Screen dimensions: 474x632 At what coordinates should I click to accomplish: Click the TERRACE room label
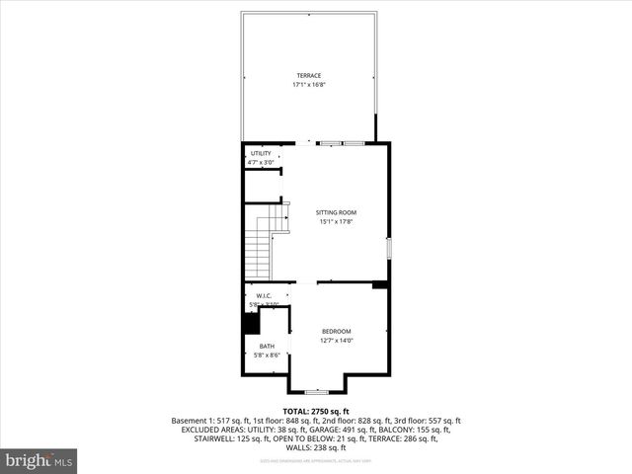(309, 75)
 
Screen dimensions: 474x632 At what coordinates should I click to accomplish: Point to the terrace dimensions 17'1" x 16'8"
(309, 85)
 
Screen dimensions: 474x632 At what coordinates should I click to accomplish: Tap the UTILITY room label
(261, 154)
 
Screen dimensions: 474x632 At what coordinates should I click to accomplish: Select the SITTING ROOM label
(336, 212)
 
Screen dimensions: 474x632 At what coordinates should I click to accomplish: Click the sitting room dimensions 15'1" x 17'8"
(336, 222)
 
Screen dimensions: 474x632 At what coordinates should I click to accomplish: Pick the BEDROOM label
(336, 332)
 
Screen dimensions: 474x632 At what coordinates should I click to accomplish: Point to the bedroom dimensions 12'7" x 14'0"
(336, 342)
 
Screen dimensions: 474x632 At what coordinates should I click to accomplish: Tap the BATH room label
(268, 346)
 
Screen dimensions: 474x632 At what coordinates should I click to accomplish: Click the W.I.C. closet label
(264, 296)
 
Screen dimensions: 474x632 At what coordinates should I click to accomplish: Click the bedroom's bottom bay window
(316, 391)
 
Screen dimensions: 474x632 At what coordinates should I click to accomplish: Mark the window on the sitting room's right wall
(389, 247)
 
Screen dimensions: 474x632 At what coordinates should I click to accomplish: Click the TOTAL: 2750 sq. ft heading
(316, 411)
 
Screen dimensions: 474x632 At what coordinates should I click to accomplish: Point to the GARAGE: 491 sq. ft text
(374, 430)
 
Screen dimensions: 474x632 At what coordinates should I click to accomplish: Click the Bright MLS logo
(39, 460)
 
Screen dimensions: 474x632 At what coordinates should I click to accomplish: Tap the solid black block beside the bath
(251, 322)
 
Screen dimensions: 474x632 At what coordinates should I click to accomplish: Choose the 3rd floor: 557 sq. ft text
(428, 421)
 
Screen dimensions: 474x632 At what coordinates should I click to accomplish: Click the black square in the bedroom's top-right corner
(379, 285)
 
